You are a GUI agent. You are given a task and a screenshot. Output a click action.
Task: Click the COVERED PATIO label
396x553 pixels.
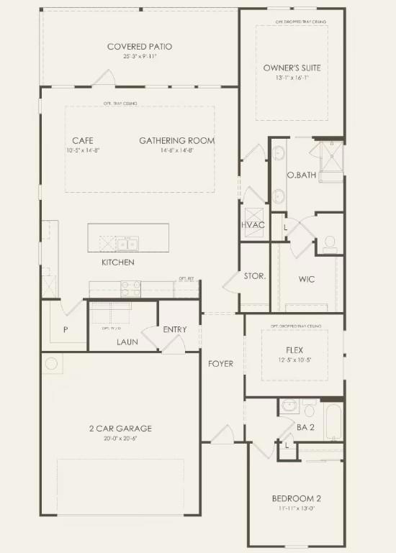tap(140, 47)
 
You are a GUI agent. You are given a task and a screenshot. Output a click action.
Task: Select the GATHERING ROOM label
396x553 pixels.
tap(176, 140)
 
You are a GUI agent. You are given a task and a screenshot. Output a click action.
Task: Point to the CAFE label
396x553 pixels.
tap(83, 140)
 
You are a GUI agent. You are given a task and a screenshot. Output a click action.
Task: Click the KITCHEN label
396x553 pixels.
tap(117, 262)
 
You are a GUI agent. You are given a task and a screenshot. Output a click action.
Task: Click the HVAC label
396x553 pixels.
tap(253, 225)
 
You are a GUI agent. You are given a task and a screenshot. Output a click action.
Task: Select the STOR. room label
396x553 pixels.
tap(255, 276)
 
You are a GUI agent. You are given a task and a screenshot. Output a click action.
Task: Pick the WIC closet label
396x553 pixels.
tap(307, 279)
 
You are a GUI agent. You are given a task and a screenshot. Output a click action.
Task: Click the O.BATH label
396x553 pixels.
tap(298, 175)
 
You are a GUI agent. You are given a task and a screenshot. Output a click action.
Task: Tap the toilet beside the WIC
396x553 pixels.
tap(330, 243)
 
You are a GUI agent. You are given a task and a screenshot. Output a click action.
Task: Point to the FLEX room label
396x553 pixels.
tap(294, 350)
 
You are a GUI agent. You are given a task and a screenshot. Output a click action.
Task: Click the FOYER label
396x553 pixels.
tap(221, 364)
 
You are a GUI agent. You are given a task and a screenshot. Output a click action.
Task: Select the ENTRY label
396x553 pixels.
tap(175, 330)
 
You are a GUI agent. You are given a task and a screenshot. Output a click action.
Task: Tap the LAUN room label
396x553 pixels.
tap(127, 342)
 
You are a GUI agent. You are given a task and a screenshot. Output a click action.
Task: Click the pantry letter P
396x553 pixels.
tap(66, 329)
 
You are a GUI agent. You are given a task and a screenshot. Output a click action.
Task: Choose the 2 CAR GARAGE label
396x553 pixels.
tap(120, 429)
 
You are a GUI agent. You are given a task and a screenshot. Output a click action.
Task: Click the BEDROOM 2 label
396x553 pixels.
tap(296, 499)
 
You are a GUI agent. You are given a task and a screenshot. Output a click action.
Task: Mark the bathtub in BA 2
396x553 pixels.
tap(333, 421)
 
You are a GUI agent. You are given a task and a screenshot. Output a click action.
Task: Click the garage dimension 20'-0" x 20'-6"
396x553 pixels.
tap(120, 439)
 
